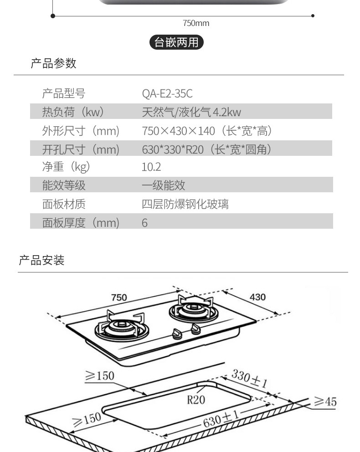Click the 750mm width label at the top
(196, 23)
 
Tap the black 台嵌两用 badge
(176, 42)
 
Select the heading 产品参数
(53, 63)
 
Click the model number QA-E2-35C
(167, 94)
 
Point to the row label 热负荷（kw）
(73, 112)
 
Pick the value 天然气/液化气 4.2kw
(191, 112)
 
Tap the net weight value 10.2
(151, 167)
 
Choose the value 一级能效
(164, 185)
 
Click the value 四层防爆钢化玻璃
(185, 204)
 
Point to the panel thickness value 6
(144, 223)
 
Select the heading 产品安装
(41, 261)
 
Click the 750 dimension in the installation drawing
(119, 298)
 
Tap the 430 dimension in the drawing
(257, 297)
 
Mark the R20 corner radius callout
(196, 400)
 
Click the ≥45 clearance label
(325, 401)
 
